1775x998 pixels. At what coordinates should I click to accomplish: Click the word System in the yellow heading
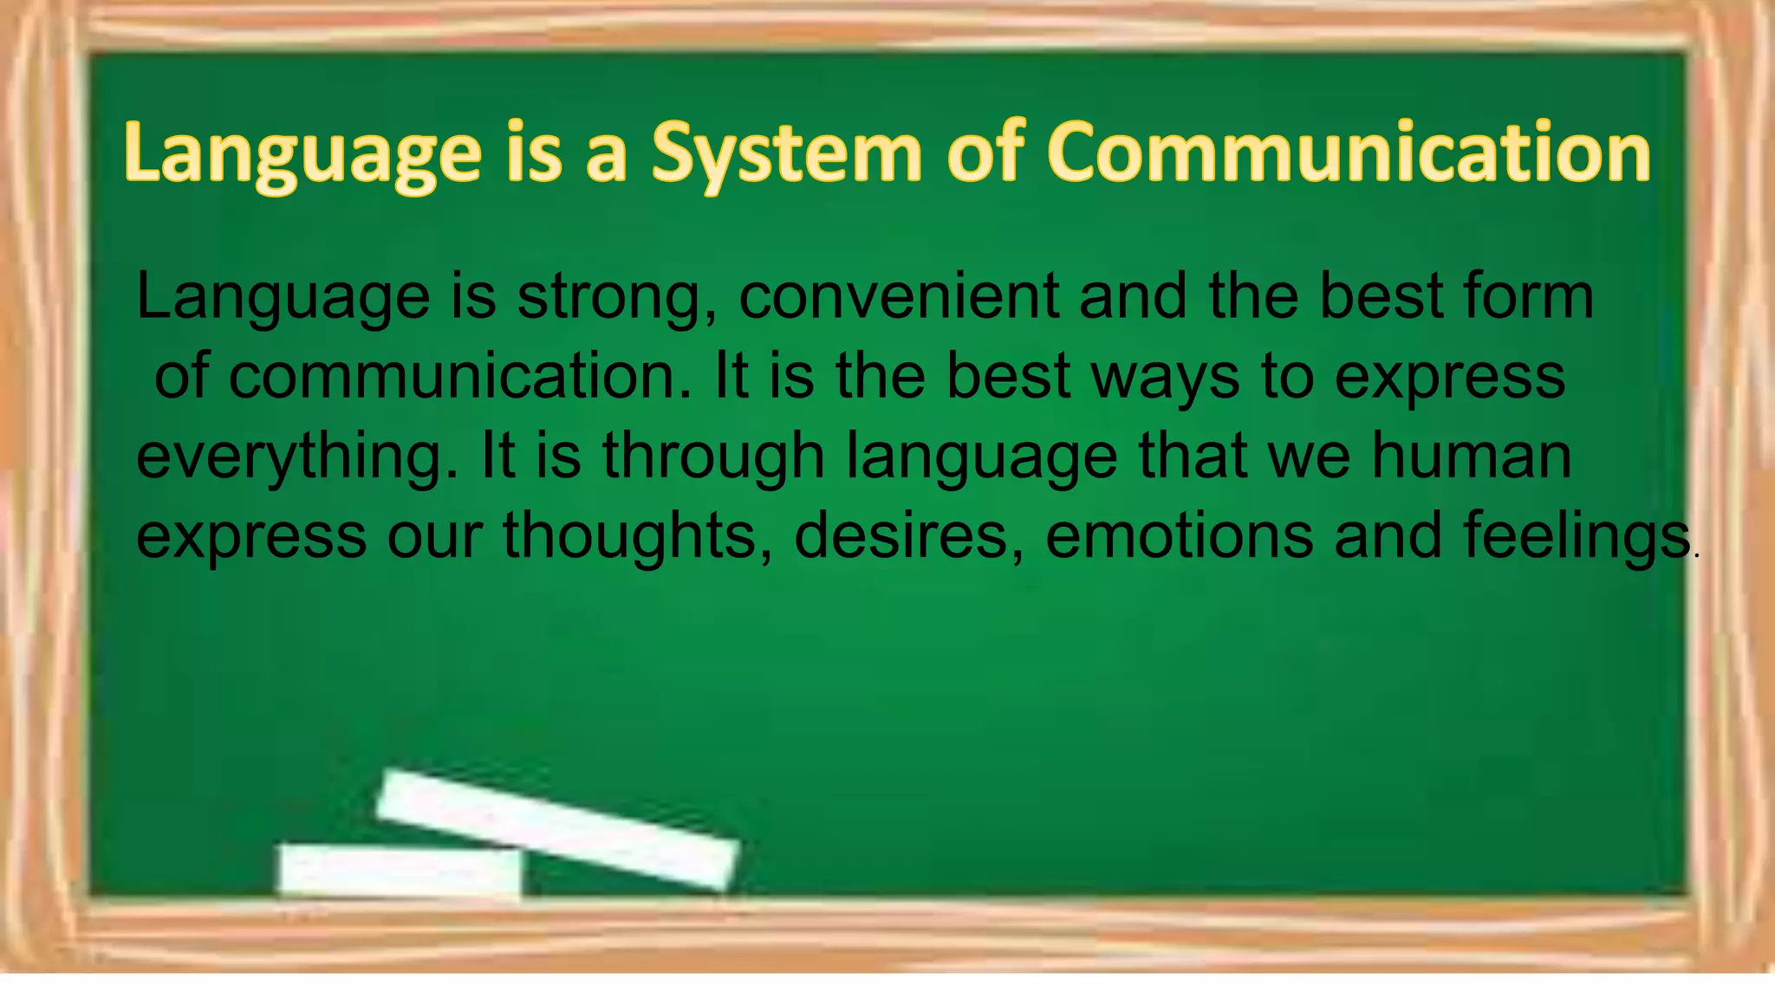tap(787, 153)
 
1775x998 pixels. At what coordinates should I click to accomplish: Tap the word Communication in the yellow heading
tap(1349, 153)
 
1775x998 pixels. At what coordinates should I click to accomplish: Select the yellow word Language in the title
tap(302, 153)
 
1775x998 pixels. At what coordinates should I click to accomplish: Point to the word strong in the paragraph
tap(617, 297)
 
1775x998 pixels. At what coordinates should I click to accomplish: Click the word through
tap(713, 457)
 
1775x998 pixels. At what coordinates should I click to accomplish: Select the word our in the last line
tap(434, 536)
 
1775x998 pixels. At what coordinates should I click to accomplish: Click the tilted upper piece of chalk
tap(558, 829)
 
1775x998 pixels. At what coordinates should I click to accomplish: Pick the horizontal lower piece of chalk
tap(400, 870)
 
